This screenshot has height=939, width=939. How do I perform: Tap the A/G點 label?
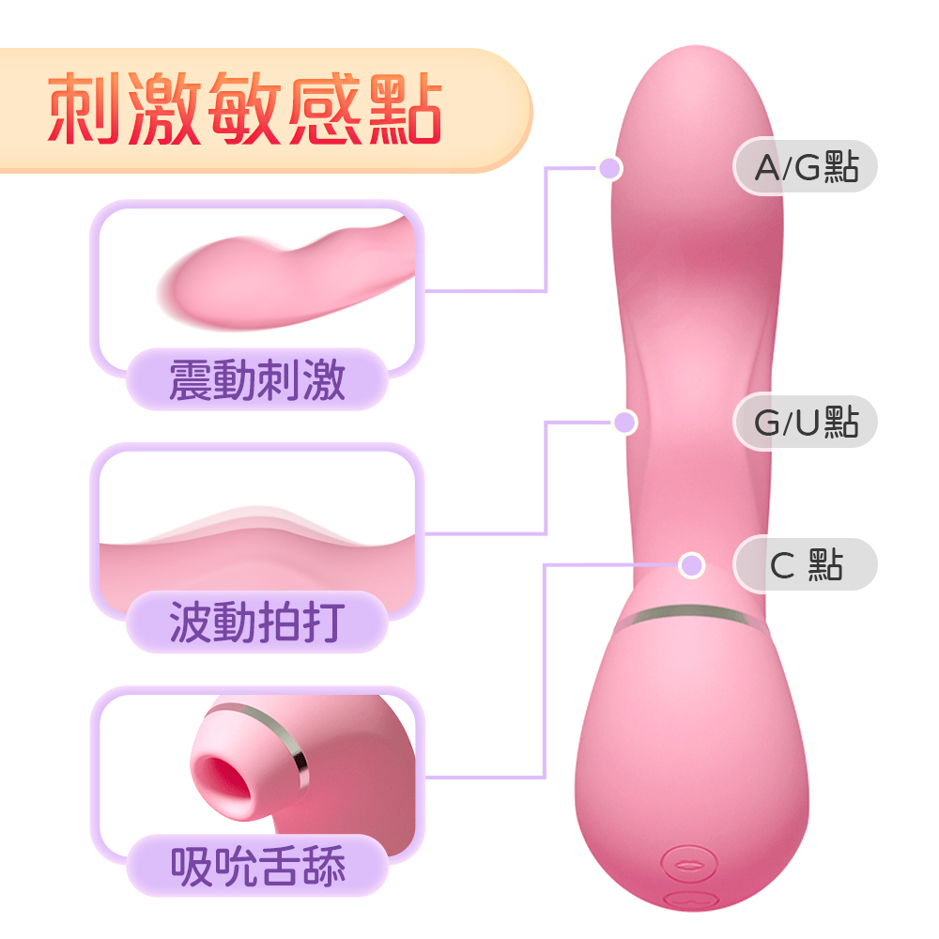click(x=806, y=168)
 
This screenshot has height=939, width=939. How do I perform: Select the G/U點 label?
click(x=806, y=423)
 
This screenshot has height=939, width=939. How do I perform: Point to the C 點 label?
click(x=806, y=565)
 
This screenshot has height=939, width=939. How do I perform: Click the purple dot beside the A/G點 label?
click(x=610, y=168)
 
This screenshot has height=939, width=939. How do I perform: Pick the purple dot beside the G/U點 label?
click(x=624, y=423)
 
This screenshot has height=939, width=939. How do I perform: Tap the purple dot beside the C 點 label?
click(x=692, y=565)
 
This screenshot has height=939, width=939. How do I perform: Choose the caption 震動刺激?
click(x=257, y=380)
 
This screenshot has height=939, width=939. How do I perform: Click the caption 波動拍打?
click(x=257, y=622)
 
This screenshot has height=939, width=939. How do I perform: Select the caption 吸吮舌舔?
click(x=257, y=865)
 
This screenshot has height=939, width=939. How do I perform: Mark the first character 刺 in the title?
click(x=83, y=110)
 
